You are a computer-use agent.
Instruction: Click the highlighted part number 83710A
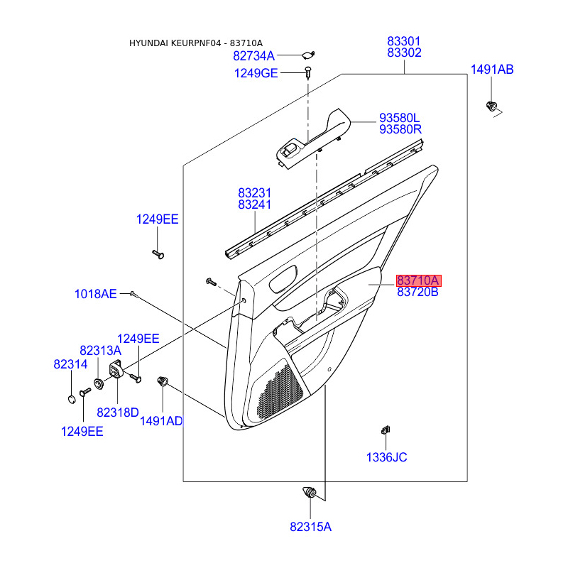(418, 280)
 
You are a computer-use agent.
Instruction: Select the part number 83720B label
(417, 292)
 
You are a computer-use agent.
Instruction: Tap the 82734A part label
(253, 56)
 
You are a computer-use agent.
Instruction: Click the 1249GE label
(256, 73)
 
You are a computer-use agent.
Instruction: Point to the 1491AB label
(492, 69)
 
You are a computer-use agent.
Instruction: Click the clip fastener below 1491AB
(491, 106)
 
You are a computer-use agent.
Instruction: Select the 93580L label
(400, 118)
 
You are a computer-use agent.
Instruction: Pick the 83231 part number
(254, 192)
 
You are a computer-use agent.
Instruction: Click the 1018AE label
(96, 294)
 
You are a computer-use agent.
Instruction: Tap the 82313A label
(100, 350)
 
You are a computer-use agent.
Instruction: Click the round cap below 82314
(72, 399)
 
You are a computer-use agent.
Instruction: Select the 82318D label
(118, 413)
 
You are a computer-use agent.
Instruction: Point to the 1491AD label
(161, 421)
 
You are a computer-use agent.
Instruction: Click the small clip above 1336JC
(386, 430)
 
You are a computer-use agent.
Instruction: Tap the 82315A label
(310, 527)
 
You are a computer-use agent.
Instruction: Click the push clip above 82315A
(310, 493)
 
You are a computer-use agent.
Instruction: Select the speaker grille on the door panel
(279, 393)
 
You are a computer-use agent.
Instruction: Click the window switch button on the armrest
(290, 149)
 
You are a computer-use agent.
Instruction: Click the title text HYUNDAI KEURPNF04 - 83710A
(196, 43)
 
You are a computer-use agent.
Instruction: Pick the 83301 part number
(404, 41)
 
